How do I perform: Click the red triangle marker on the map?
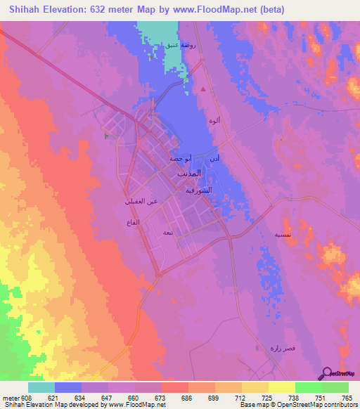203,89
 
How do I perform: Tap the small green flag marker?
106,136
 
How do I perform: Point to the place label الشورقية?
198,190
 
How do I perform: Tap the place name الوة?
214,121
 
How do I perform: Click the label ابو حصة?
180,159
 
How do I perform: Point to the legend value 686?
186,397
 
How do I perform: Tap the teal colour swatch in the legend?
41,387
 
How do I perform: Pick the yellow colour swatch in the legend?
281,387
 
